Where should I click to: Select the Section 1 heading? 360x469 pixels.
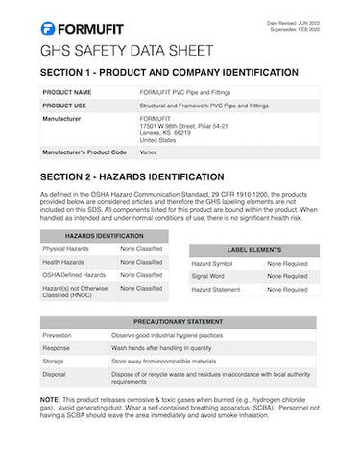click(x=169, y=73)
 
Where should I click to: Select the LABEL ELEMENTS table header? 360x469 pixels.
click(x=252, y=248)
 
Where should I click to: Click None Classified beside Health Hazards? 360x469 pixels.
click(x=141, y=262)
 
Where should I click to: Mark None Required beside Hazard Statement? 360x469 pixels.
click(x=286, y=289)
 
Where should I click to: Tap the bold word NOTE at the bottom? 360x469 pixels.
click(x=51, y=399)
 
